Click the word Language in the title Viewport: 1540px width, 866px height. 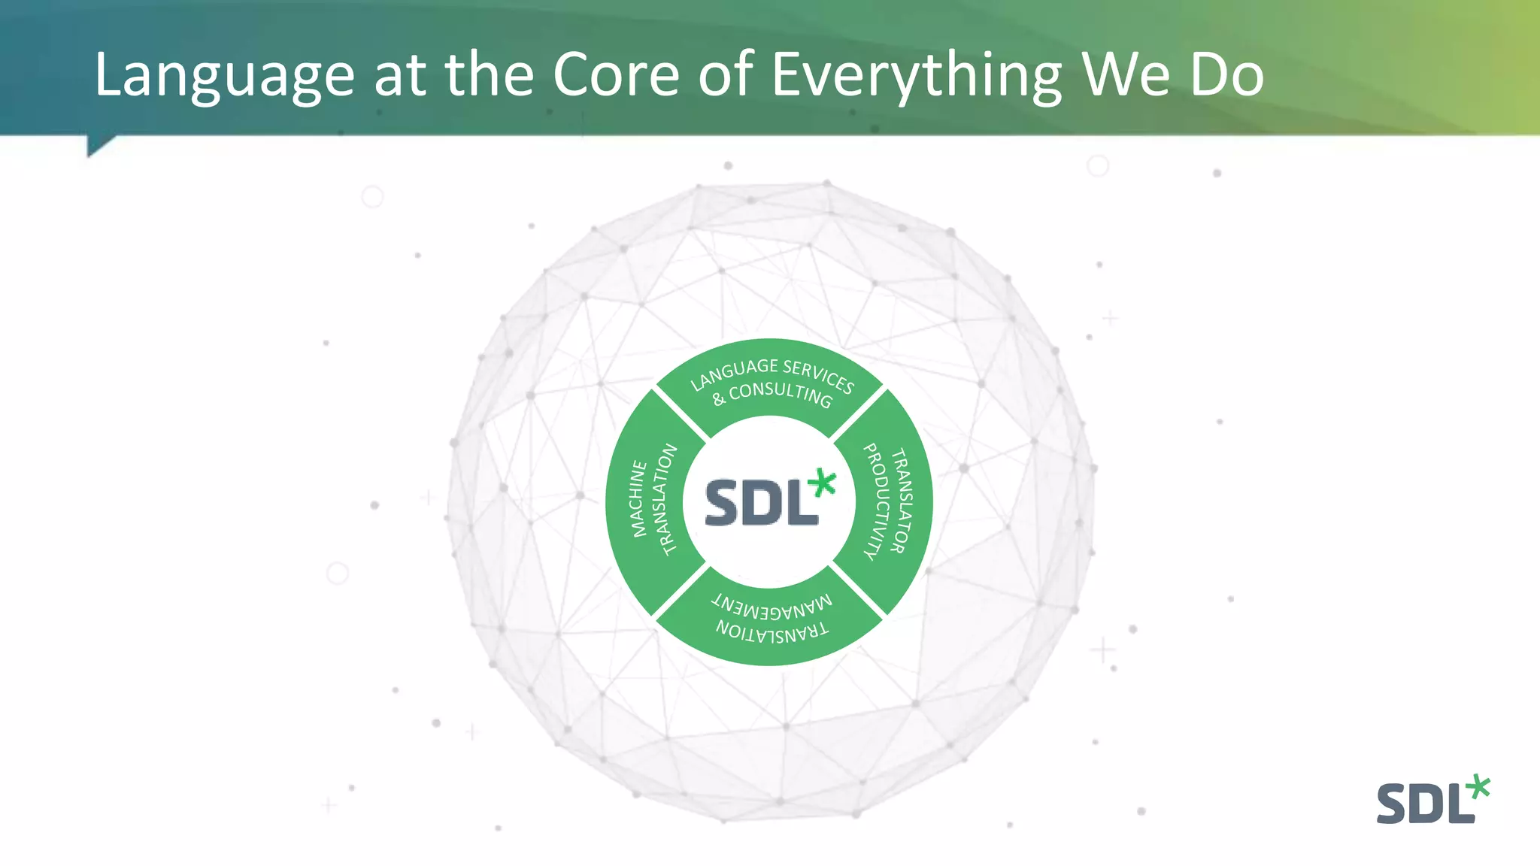point(224,77)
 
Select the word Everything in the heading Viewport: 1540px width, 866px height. point(917,77)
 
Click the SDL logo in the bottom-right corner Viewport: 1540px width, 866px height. point(1432,800)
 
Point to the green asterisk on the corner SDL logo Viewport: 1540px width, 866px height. point(1478,787)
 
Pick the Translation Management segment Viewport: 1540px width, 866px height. point(770,619)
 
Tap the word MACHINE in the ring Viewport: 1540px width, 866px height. point(638,498)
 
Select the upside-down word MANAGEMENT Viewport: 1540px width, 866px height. point(772,605)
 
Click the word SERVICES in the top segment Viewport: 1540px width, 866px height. point(818,376)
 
